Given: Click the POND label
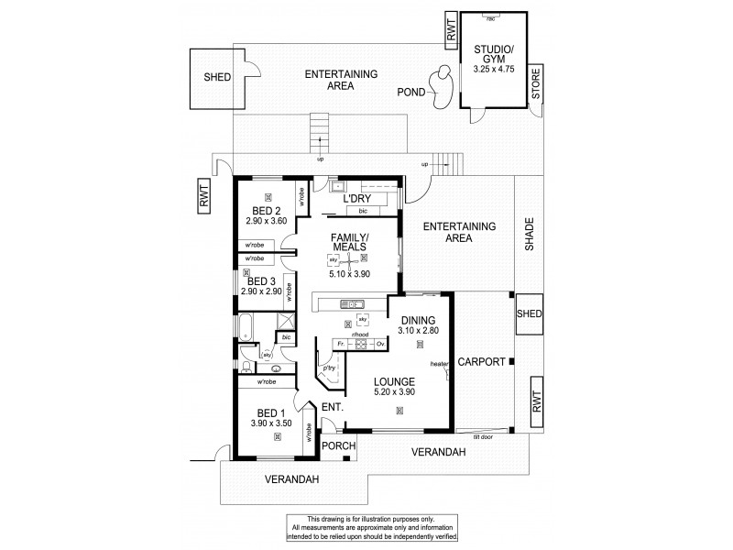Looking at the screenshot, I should (410, 93).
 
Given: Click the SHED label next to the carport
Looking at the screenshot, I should (530, 313).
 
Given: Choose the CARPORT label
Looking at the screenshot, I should (482, 362).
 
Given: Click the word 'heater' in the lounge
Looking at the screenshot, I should (440, 364).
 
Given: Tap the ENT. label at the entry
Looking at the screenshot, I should (331, 406).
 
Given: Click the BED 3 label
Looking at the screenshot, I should (261, 280).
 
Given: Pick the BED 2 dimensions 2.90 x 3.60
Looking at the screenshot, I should (267, 220).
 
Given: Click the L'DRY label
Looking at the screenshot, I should (356, 199).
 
